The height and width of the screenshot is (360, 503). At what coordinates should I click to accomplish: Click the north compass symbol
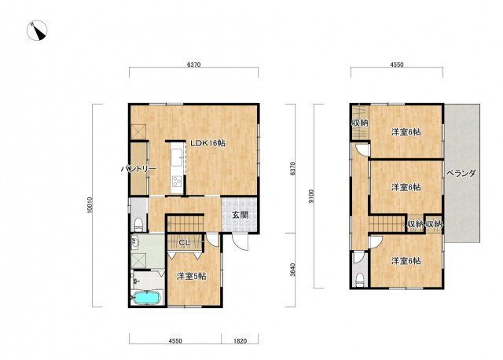pyautogui.click(x=37, y=31)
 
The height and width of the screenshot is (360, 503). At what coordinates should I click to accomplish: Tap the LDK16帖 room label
pyautogui.click(x=207, y=143)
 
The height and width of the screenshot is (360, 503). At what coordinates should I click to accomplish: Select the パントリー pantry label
pyautogui.click(x=138, y=169)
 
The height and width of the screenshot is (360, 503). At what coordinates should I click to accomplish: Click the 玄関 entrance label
pyautogui.click(x=240, y=215)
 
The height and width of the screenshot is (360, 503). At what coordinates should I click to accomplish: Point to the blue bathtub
pyautogui.click(x=147, y=298)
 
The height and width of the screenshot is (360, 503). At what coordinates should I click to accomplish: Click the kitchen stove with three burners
pyautogui.click(x=176, y=182)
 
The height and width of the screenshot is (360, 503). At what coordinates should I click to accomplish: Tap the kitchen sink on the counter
pyautogui.click(x=176, y=159)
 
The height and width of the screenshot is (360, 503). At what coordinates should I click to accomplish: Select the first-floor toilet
pyautogui.click(x=138, y=225)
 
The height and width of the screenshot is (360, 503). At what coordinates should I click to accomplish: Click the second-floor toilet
pyautogui.click(x=360, y=280)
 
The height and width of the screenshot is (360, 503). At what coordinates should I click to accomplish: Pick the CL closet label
pyautogui.click(x=185, y=243)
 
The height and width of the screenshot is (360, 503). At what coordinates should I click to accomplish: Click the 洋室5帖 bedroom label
pyautogui.click(x=192, y=276)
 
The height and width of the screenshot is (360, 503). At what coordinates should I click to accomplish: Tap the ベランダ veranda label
pyautogui.click(x=461, y=173)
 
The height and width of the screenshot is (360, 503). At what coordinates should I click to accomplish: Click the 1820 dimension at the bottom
pyautogui.click(x=239, y=341)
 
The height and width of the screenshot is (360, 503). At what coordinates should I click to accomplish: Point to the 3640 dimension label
pyautogui.click(x=292, y=270)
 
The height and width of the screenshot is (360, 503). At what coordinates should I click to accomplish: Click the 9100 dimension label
pyautogui.click(x=310, y=197)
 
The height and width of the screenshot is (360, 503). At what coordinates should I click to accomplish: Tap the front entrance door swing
pyautogui.click(x=240, y=242)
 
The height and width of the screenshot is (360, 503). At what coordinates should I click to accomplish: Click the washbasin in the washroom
pyautogui.click(x=135, y=242)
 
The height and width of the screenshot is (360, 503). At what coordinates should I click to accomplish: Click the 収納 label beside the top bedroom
pyautogui.click(x=360, y=123)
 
